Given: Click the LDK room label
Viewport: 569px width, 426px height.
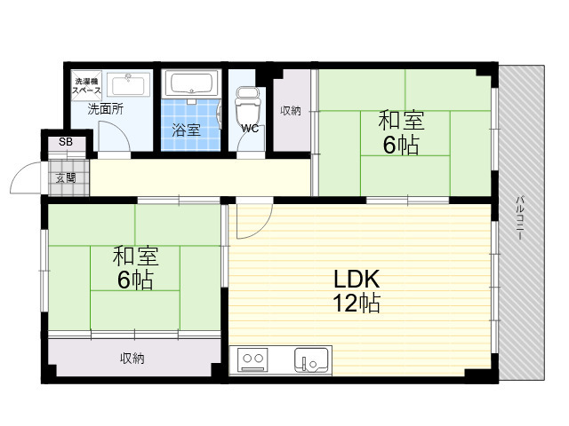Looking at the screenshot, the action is [357, 279].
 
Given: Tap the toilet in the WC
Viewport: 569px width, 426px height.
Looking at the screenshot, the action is [248, 105].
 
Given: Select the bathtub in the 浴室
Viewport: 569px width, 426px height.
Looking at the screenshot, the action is [191, 83].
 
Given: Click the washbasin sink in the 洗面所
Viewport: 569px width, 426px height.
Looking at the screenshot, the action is [128, 84].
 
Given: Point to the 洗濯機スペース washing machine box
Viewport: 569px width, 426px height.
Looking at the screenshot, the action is [87, 85].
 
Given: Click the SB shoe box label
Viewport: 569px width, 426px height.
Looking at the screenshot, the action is [66, 142].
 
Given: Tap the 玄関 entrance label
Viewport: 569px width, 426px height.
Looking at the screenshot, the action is [66, 177].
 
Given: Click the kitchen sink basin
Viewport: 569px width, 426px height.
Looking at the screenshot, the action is [311, 360].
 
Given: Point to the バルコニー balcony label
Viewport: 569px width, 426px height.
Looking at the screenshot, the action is [521, 217].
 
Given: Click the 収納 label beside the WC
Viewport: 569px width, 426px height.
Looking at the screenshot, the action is [291, 110].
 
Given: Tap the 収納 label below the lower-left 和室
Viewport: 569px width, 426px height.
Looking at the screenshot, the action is [132, 359].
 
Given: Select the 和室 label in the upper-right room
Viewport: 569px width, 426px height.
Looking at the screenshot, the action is [401, 121].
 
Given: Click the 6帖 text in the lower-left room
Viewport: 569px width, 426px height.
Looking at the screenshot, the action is [135, 280].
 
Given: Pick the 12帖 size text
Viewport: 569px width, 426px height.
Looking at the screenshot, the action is [357, 303].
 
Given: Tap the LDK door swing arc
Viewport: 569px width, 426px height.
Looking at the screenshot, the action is [261, 227].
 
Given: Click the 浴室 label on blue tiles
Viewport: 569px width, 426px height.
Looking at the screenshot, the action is [186, 130].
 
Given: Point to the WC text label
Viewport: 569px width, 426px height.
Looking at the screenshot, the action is [250, 128].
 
